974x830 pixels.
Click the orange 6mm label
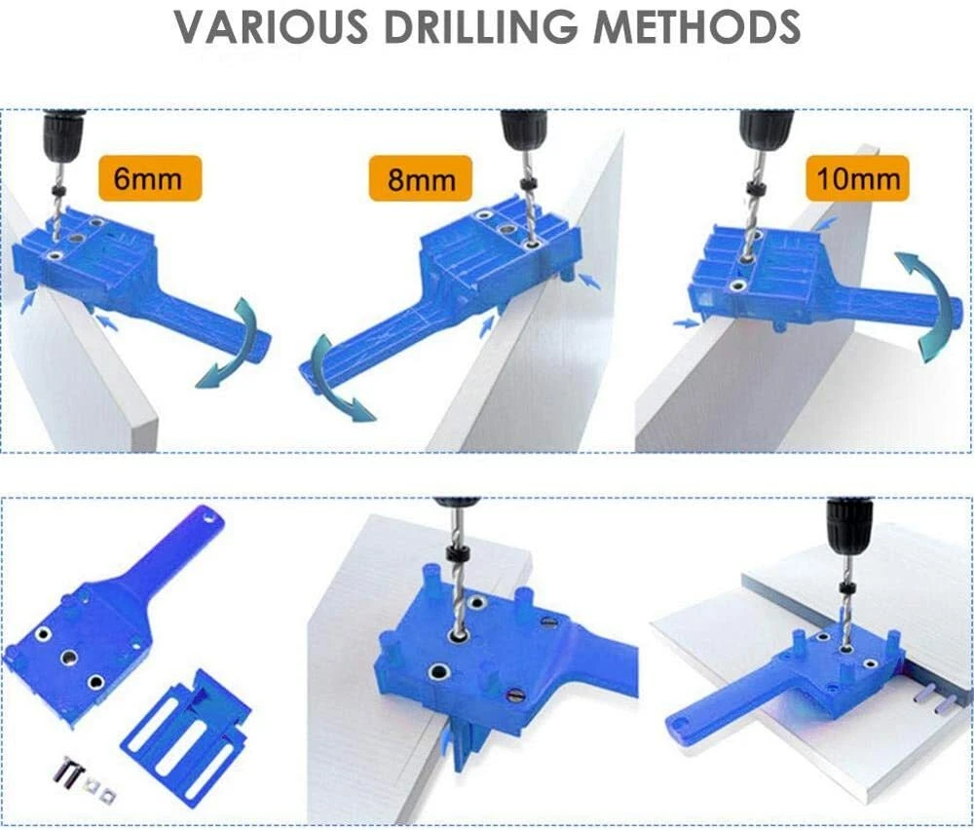click(150, 178)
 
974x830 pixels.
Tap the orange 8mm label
click(421, 179)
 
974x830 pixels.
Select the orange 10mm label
click(857, 178)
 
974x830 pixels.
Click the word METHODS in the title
click(697, 26)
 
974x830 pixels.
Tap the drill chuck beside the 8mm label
click(523, 132)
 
